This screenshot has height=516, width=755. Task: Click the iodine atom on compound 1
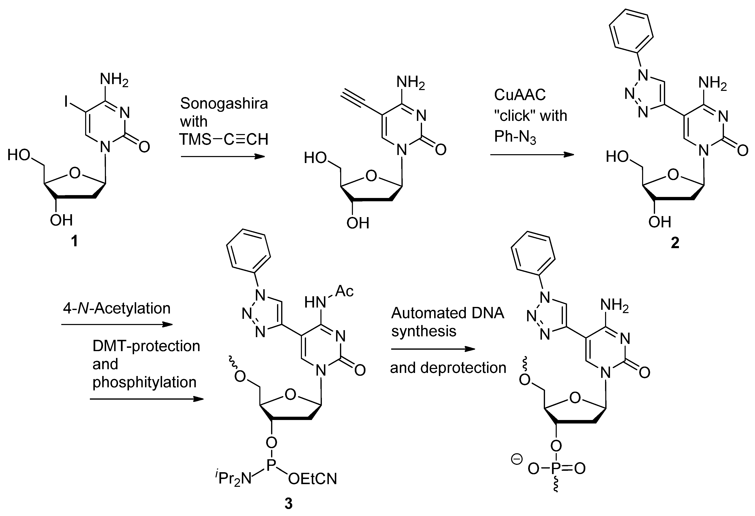click(66, 103)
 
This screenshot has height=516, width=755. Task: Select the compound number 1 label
click(74, 241)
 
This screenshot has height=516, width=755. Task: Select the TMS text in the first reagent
click(195, 140)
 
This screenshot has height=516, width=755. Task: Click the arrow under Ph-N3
click(532, 155)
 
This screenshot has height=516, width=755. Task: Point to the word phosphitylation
click(145, 382)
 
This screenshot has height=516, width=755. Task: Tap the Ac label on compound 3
click(344, 291)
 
